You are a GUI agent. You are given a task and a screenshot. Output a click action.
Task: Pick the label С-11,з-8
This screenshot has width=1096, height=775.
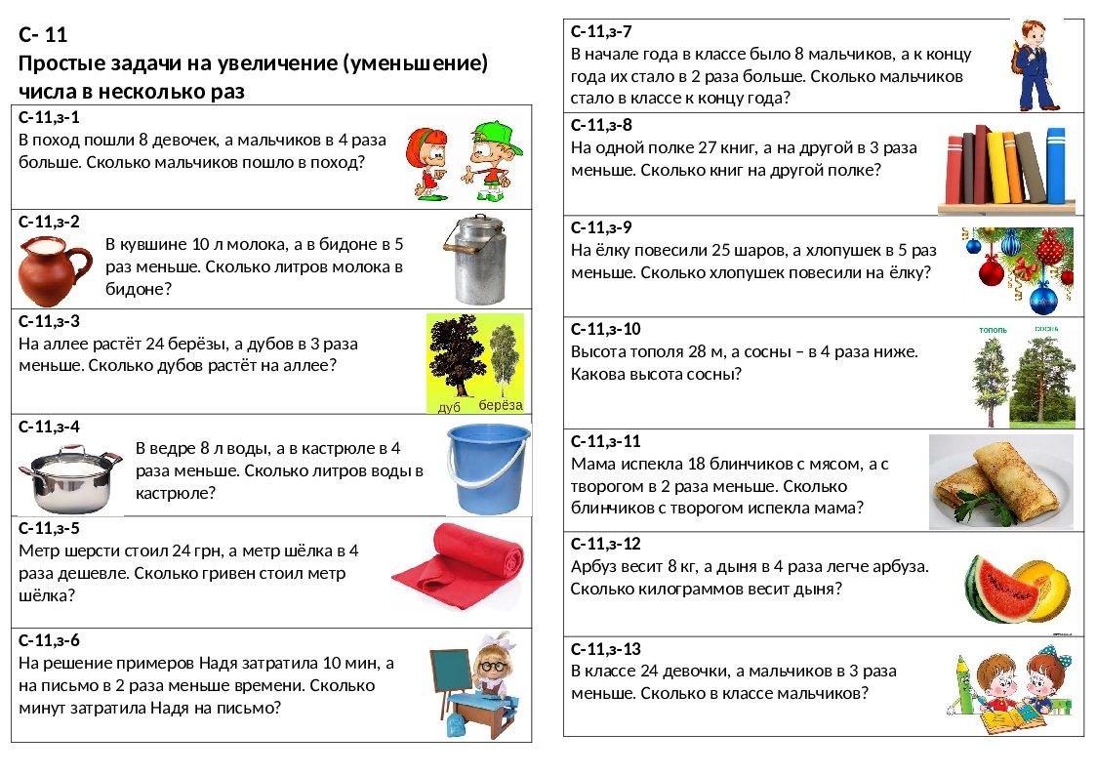(x=601, y=124)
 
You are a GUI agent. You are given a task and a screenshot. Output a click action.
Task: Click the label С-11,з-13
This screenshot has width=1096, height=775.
(x=605, y=649)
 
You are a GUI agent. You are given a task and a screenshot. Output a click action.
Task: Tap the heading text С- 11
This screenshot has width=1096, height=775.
(x=43, y=35)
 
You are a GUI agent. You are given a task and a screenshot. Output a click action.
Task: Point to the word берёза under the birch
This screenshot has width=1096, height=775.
(x=501, y=405)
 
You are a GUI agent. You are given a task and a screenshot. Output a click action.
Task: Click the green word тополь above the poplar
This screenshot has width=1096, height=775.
(x=992, y=331)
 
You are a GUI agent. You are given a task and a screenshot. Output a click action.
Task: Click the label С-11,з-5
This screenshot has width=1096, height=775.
(x=50, y=528)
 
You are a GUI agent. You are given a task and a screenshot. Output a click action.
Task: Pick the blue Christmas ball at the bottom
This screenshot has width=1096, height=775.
(x=1043, y=295)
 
